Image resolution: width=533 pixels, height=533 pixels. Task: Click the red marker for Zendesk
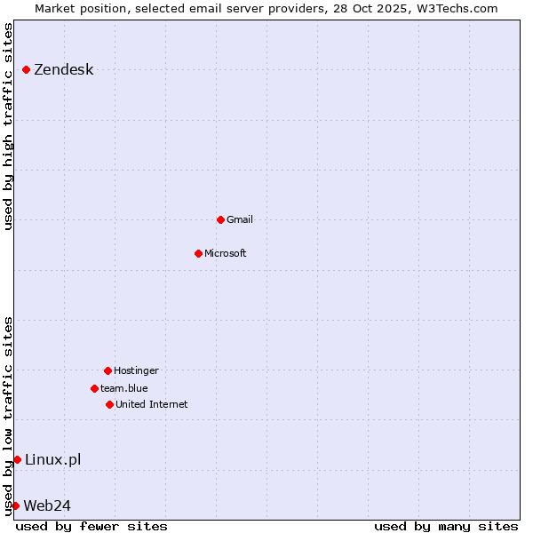click(x=27, y=69)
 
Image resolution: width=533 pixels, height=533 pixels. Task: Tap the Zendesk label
click(x=63, y=70)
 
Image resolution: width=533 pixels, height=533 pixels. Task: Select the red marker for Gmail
click(x=220, y=219)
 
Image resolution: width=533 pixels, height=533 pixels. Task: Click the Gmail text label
click(x=240, y=219)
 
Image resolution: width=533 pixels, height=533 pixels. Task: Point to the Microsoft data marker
click(x=198, y=253)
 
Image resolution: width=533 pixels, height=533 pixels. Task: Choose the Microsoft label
click(x=226, y=253)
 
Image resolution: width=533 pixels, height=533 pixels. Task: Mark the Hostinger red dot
click(x=107, y=370)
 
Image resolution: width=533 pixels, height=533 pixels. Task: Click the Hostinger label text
click(x=136, y=370)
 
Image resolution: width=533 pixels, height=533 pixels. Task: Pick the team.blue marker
click(x=94, y=388)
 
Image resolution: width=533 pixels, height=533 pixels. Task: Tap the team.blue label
click(x=124, y=388)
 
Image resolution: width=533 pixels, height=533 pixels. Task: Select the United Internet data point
click(x=109, y=404)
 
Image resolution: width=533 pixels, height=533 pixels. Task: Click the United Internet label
click(x=152, y=404)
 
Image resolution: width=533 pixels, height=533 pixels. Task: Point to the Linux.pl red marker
click(x=17, y=459)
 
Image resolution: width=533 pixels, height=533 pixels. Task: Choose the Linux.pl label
click(x=52, y=459)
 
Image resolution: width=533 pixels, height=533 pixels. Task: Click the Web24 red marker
click(x=15, y=505)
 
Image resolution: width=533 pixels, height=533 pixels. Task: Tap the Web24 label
click(x=47, y=505)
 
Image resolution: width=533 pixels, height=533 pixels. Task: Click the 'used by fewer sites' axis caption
click(x=91, y=526)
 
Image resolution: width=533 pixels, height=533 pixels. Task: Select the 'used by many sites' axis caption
click(x=446, y=526)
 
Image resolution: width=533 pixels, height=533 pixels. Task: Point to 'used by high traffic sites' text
click(x=9, y=126)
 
